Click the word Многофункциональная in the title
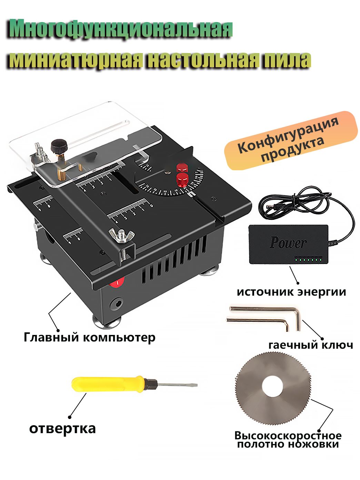pos(121,30)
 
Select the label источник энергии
pos(291,292)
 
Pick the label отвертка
pos(63,429)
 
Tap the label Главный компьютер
pos(90,337)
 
